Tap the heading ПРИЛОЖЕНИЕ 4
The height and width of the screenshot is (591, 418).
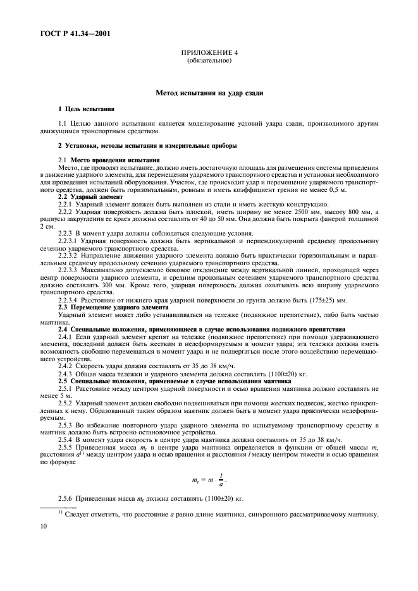coord(209,54)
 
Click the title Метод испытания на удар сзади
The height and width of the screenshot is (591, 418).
coord(209,93)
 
